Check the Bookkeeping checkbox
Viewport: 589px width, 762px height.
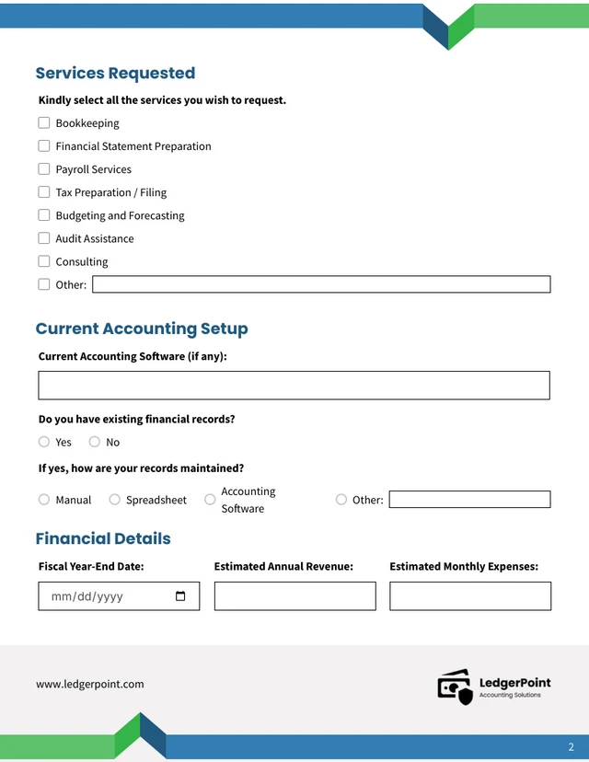(x=44, y=122)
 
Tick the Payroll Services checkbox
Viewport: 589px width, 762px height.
(x=44, y=169)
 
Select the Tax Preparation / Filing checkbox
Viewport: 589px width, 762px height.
(x=44, y=192)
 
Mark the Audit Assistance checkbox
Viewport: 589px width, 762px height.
(x=44, y=238)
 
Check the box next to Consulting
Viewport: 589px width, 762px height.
(x=44, y=261)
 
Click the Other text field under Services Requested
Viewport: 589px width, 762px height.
(x=321, y=284)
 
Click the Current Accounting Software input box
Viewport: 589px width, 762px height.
(x=294, y=386)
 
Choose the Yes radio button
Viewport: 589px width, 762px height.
(x=44, y=442)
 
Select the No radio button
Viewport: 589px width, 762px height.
(x=94, y=442)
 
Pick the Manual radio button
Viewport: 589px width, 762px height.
(x=44, y=500)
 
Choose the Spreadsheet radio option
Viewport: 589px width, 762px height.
(x=115, y=500)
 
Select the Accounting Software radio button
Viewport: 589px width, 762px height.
(x=210, y=500)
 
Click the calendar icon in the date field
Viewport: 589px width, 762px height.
(x=180, y=596)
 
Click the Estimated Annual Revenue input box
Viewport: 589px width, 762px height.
(x=294, y=596)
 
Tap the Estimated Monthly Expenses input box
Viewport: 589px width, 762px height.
(x=470, y=596)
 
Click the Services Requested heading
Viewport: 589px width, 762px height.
(x=115, y=74)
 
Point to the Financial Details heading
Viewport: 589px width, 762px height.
(x=103, y=538)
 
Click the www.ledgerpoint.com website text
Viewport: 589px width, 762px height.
(x=90, y=684)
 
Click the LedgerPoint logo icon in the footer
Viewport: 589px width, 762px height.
(x=455, y=687)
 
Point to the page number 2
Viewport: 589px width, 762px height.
(x=571, y=746)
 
